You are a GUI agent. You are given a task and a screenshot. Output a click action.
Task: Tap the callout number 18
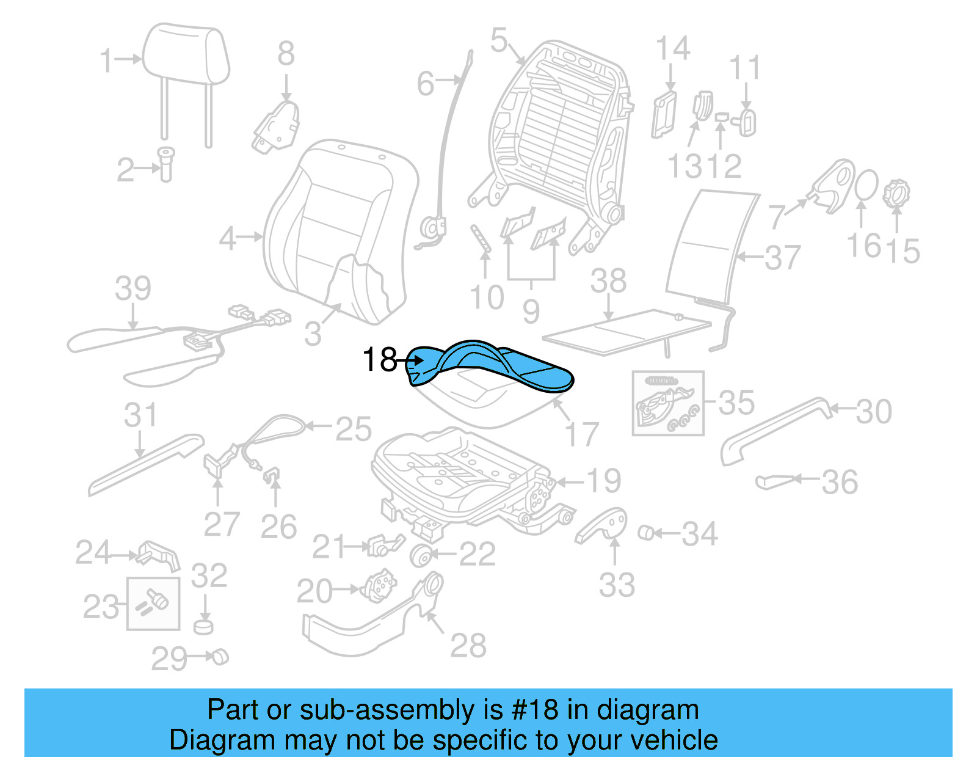[x=379, y=360]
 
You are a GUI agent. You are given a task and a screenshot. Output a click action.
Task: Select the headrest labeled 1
[x=186, y=55]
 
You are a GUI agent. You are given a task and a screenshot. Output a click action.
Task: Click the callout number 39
[x=133, y=288]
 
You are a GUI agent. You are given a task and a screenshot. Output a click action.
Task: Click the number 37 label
[x=782, y=257]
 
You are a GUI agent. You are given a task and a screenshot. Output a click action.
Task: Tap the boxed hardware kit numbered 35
[x=667, y=403]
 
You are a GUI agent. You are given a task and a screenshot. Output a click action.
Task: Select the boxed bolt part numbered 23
[x=153, y=603]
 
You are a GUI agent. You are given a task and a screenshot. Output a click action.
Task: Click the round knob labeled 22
[x=421, y=555]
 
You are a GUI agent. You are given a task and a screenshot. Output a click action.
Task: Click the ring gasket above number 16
[x=865, y=186]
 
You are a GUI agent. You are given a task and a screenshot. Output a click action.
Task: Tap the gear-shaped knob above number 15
[x=896, y=193]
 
